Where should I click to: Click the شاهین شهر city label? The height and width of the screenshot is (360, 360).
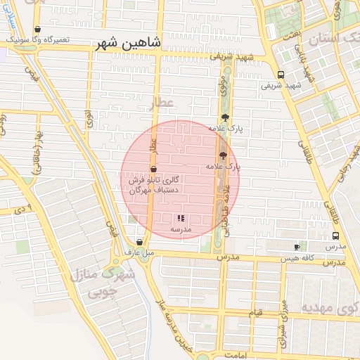pyautogui.click(x=131, y=43)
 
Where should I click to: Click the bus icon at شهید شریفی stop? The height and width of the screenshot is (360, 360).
pyautogui.click(x=281, y=75)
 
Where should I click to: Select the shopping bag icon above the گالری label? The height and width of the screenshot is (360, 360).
pyautogui.click(x=153, y=169)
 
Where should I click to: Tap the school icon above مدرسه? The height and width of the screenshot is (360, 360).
pyautogui.click(x=181, y=219)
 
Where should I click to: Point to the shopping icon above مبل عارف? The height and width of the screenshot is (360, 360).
pyautogui.click(x=139, y=243)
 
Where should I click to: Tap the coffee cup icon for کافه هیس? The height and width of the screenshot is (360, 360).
pyautogui.click(x=297, y=247)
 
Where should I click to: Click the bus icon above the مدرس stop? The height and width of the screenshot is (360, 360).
pyautogui.click(x=335, y=236)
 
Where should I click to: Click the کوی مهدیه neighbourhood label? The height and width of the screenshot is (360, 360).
pyautogui.click(x=330, y=308)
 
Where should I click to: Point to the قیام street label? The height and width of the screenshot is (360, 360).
pyautogui.click(x=256, y=310)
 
